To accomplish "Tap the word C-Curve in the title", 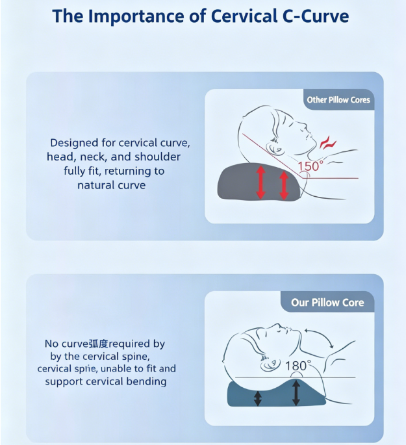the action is coord(316,16).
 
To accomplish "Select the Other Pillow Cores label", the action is coord(338,100).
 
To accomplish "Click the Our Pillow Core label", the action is coord(327,303).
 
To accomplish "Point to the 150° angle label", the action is coord(311,166).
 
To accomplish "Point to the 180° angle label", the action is coord(298,366).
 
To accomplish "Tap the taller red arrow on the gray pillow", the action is coord(260,183).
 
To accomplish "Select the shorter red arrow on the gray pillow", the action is coord(284,185).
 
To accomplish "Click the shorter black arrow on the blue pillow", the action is coord(258,398).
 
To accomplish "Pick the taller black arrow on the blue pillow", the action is coord(296,393).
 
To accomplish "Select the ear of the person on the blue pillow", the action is coord(270,364).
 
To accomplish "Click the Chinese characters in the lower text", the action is coord(99,344).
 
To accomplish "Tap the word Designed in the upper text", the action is coord(74,143).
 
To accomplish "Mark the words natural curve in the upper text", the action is coord(112,185).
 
